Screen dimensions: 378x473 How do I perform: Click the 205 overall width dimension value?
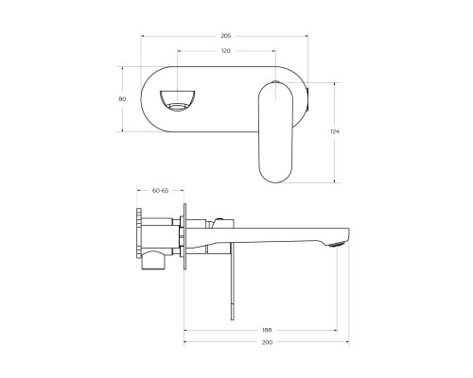[x=225, y=35]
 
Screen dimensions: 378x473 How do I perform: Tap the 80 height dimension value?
[x=121, y=97]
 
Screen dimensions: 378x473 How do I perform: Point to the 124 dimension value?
[x=334, y=130]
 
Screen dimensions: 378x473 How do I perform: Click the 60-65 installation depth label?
[x=160, y=190]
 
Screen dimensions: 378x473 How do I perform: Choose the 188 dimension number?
[x=268, y=329]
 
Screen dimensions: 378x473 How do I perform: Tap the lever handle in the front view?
[x=275, y=130]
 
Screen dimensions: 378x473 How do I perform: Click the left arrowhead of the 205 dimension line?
[x=143, y=35]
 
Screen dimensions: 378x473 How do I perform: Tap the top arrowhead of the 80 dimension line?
[x=122, y=66]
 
